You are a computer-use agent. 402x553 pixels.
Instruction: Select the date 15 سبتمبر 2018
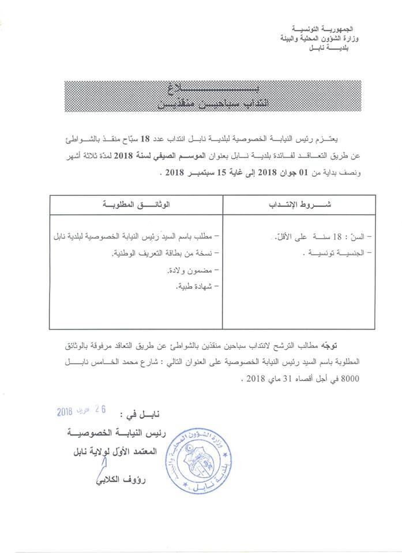tap(194, 171)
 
